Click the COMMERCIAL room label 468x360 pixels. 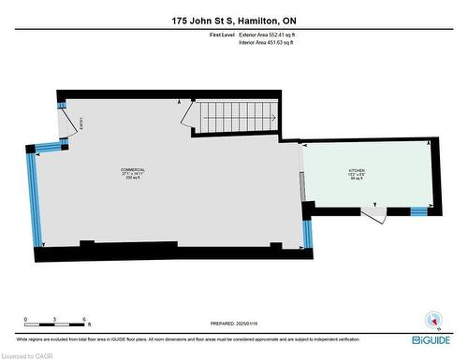point(132,169)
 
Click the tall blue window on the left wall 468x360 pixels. point(35,200)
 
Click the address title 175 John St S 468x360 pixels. point(233,21)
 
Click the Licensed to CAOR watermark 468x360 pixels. point(28,354)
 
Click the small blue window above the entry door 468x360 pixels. point(63,104)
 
